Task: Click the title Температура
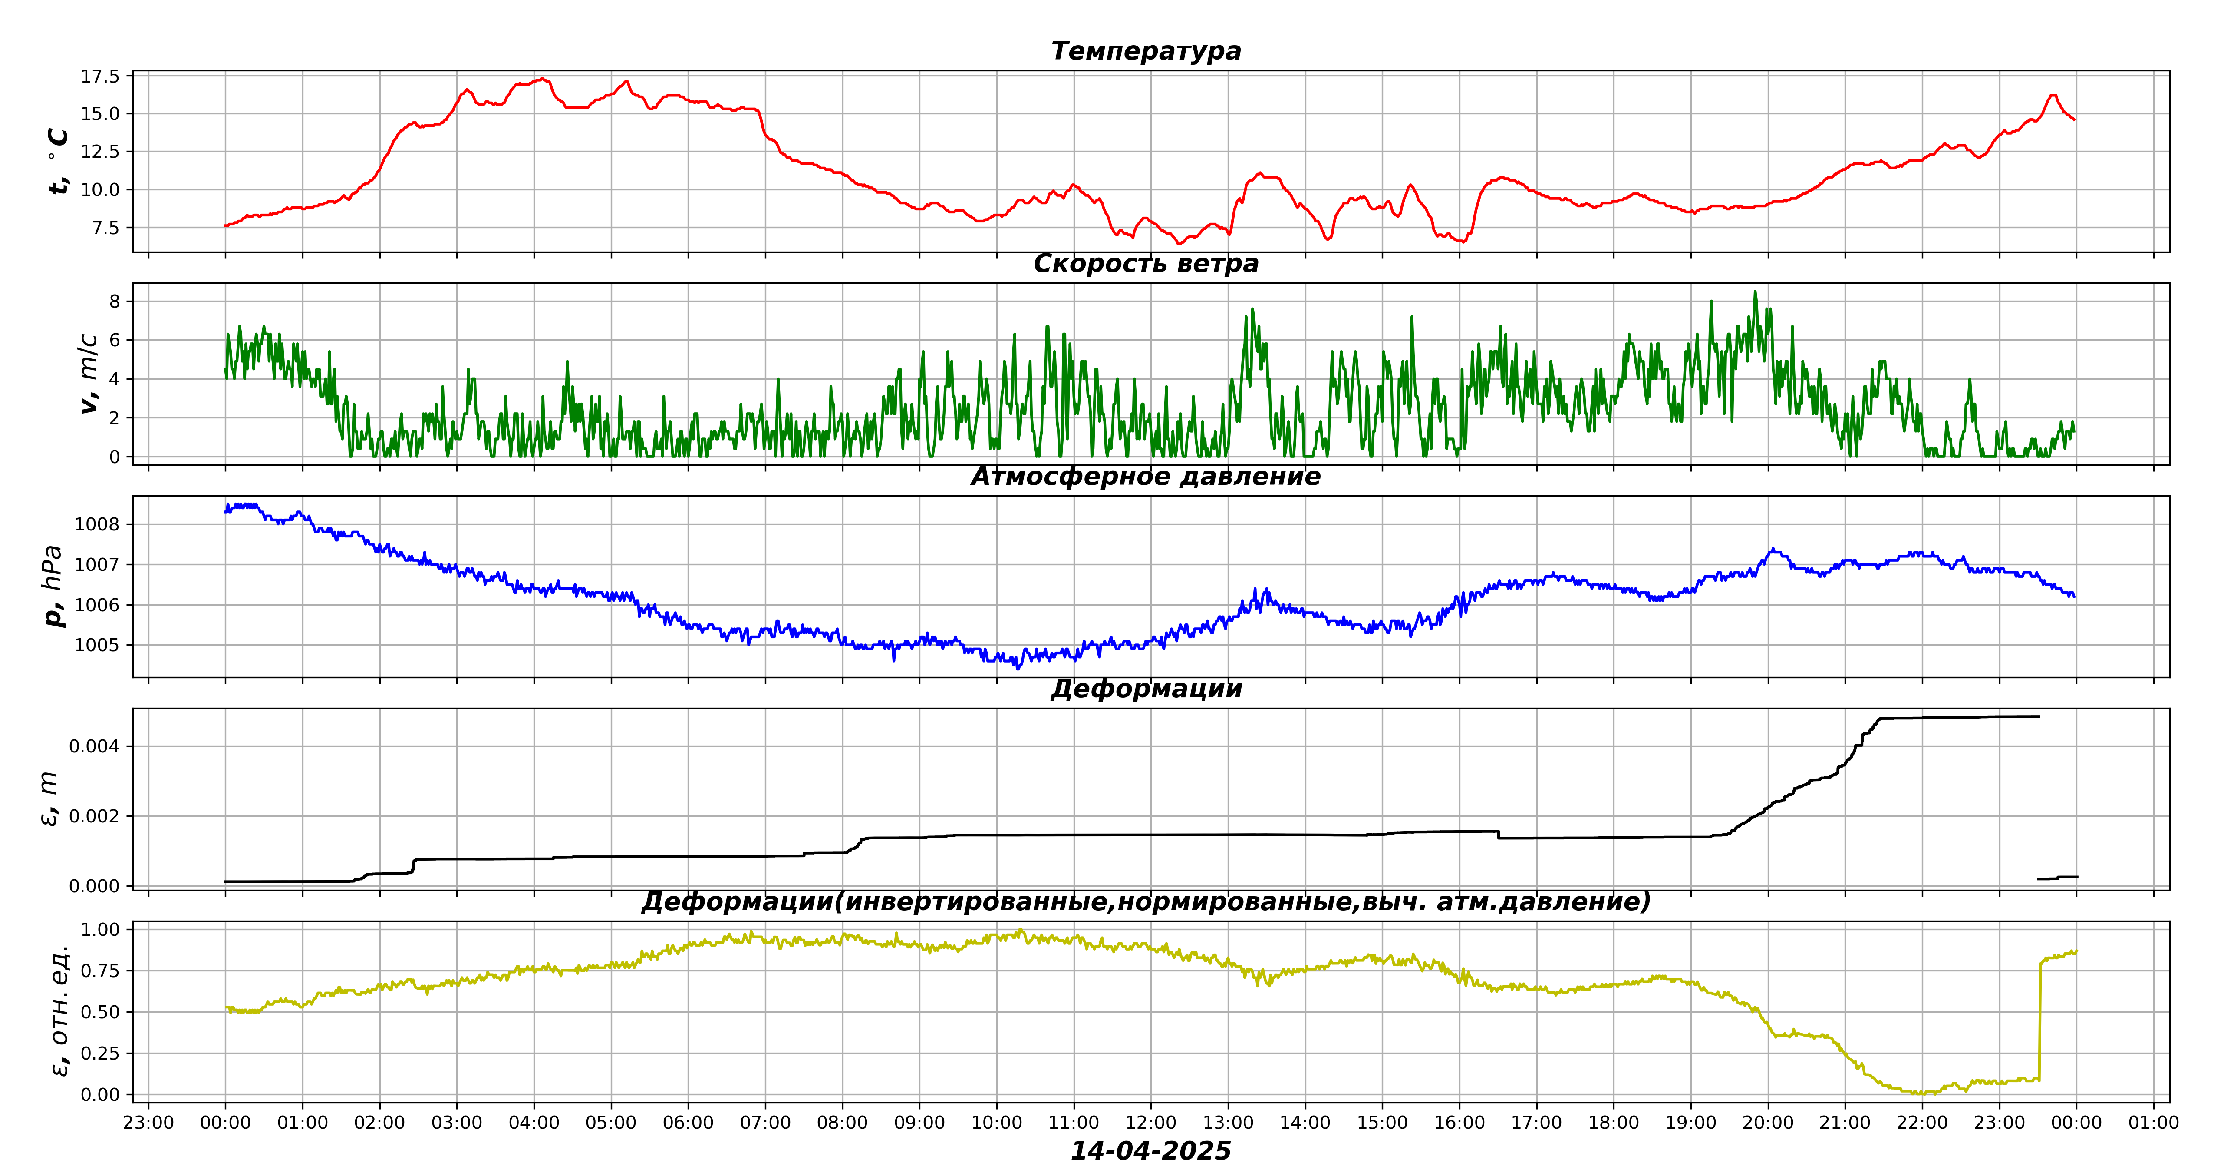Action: [x=1146, y=51]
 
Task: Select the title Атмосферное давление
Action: [x=1146, y=477]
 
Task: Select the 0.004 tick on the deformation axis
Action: [x=95, y=746]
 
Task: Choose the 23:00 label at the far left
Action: [x=149, y=1122]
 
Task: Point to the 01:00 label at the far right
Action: [x=2153, y=1122]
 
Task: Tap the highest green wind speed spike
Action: [x=1755, y=292]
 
